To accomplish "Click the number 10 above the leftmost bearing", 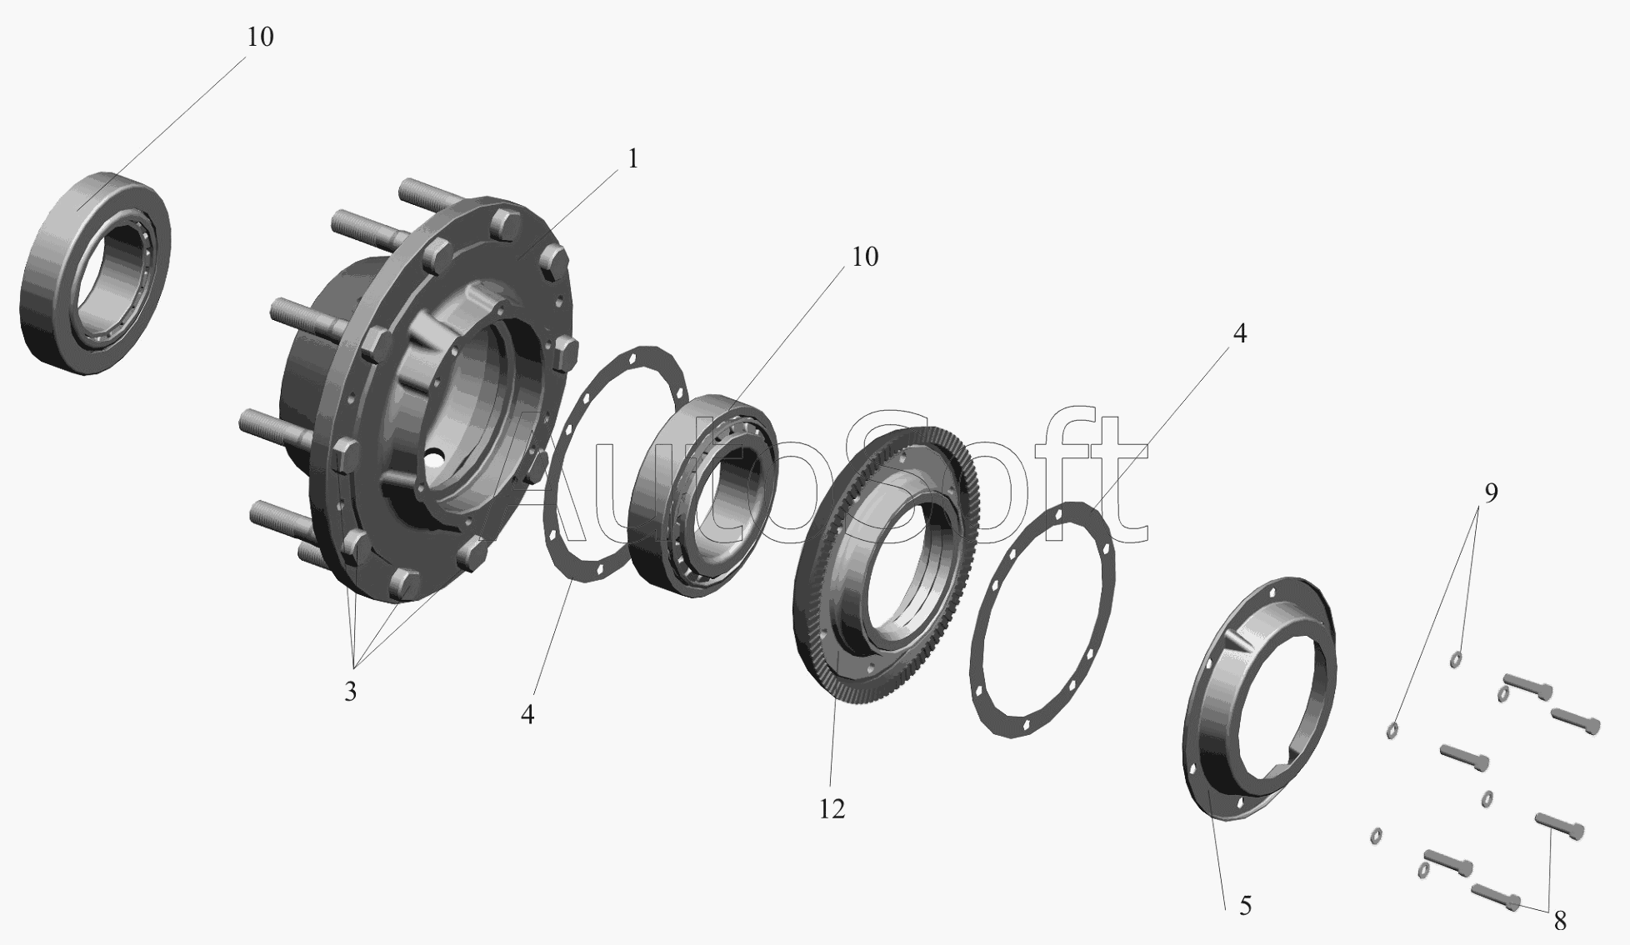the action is tap(260, 37).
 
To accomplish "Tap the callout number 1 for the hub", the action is tap(632, 158).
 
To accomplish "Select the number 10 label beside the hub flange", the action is tap(865, 257).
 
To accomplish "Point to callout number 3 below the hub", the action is tap(350, 691).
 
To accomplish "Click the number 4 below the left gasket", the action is tap(527, 714).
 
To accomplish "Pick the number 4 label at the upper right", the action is tap(1239, 333).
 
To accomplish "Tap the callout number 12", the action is tap(832, 808).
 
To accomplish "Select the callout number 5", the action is tap(1245, 906).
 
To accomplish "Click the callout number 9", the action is tap(1491, 492).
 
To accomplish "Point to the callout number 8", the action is tap(1559, 920).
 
